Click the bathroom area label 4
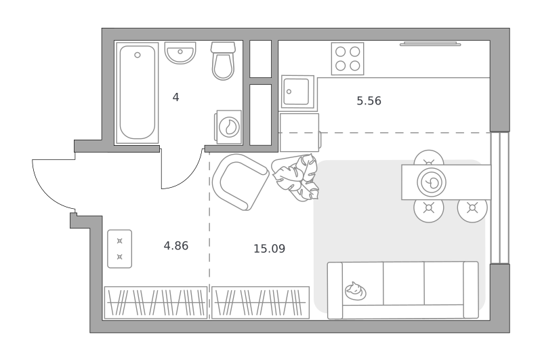pyautogui.click(x=175, y=98)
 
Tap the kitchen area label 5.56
pyautogui.click(x=369, y=101)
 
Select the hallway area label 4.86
pyautogui.click(x=176, y=246)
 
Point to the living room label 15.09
pyautogui.click(x=269, y=249)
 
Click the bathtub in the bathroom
pyautogui.click(x=138, y=93)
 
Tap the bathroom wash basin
pyautogui.click(x=180, y=53)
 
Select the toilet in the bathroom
pyautogui.click(x=224, y=61)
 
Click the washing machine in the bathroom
pyautogui.click(x=228, y=127)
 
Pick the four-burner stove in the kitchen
pyautogui.click(x=348, y=58)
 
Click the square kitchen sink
pyautogui.click(x=297, y=92)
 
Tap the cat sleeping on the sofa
pyautogui.click(x=355, y=291)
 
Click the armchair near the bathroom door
pyautogui.click(x=241, y=182)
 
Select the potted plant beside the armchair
pyautogui.click(x=296, y=177)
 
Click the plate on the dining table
pyautogui.click(x=432, y=182)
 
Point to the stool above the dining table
pyautogui.click(x=429, y=158)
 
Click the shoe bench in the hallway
pyautogui.click(x=120, y=249)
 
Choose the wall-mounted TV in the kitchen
pyautogui.click(x=430, y=43)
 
